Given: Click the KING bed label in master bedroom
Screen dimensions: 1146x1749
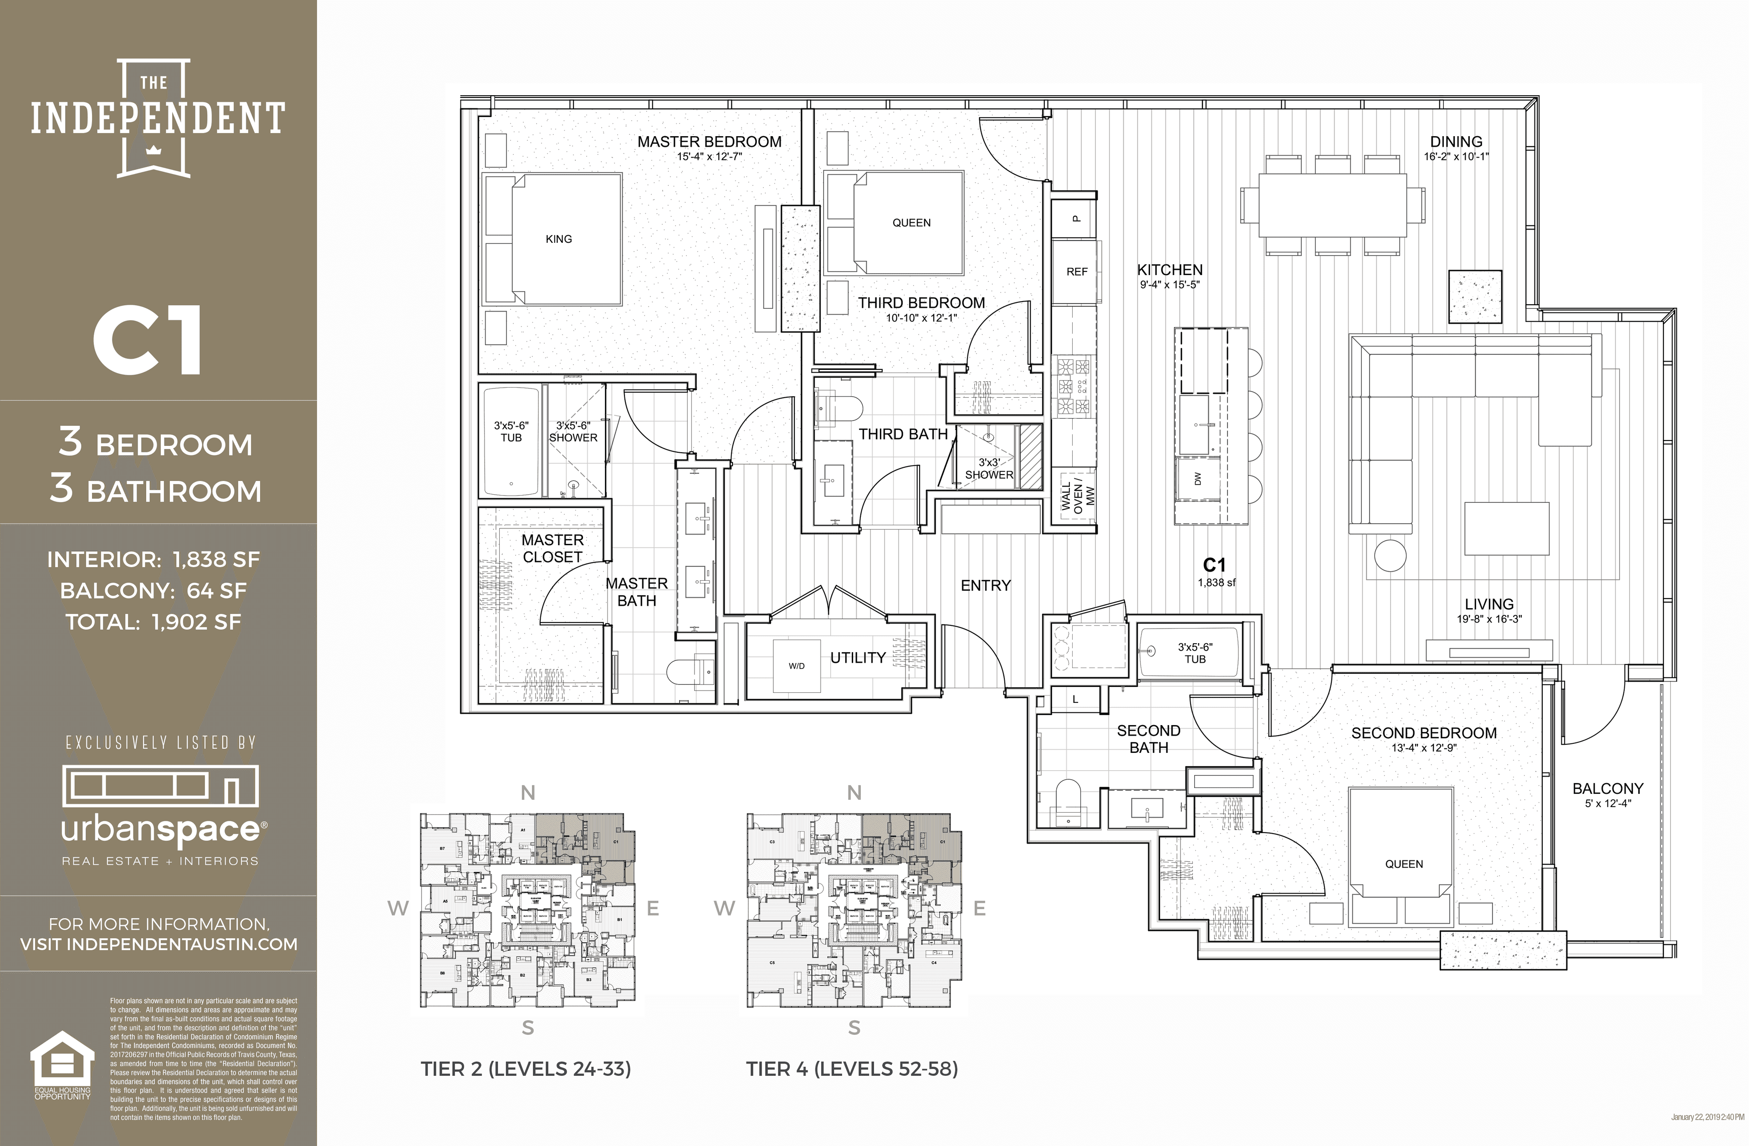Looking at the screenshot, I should click(558, 239).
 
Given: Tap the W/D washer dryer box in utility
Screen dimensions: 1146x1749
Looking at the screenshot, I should click(797, 666).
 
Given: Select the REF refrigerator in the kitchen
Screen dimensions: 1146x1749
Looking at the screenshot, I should click(1077, 272).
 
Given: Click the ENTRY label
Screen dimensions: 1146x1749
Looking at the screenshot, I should click(986, 586).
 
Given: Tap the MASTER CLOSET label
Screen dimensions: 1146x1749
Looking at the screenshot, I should click(552, 548).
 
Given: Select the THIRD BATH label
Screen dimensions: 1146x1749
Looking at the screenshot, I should click(903, 435).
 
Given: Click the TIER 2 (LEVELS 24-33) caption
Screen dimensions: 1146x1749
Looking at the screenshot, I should click(526, 1069).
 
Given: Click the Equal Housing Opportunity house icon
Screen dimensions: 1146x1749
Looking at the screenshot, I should click(62, 1059).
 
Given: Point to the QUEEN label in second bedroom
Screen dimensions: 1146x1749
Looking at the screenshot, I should click(1404, 864).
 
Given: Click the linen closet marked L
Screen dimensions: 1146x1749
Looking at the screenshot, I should click(1075, 699).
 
